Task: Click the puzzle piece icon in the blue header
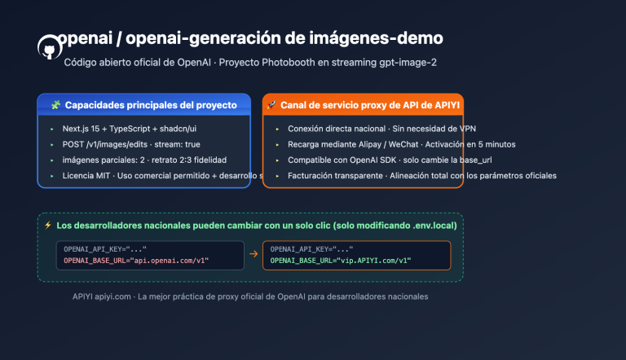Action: [x=55, y=105]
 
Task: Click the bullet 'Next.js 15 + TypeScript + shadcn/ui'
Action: [x=130, y=129]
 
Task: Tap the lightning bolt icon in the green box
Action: [x=48, y=225]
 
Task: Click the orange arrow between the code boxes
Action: [x=253, y=255]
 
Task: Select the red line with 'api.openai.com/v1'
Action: [x=137, y=261]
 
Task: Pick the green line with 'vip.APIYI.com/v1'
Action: [x=341, y=261]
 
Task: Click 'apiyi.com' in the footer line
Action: [x=116, y=296]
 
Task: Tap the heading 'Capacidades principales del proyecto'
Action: [x=151, y=105]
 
